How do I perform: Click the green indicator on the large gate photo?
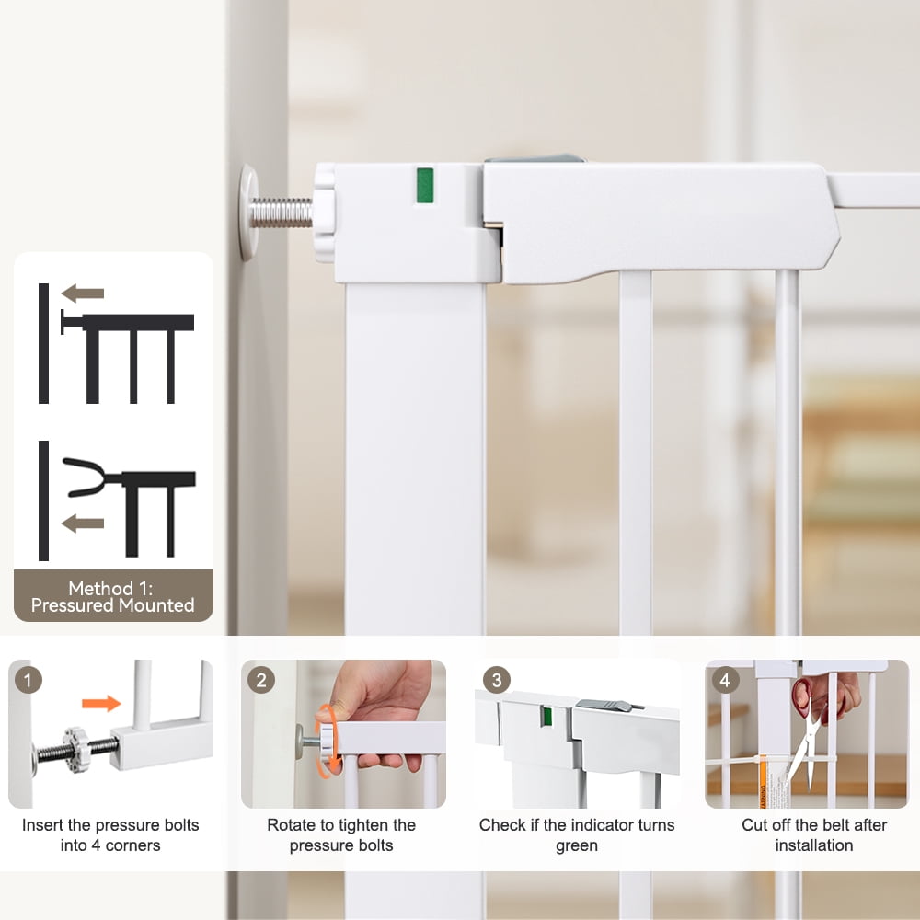click(x=425, y=186)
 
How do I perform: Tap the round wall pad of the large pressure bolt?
click(x=248, y=212)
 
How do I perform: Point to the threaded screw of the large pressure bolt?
click(x=281, y=213)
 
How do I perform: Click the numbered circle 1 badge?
click(x=28, y=680)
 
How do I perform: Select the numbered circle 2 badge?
click(x=261, y=680)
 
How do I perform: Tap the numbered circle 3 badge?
click(x=497, y=680)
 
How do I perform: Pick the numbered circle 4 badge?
click(x=725, y=680)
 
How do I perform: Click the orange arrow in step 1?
click(x=101, y=703)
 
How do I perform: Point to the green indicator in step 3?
click(x=546, y=717)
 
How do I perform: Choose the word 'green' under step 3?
click(x=576, y=846)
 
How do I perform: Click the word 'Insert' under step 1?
click(x=41, y=825)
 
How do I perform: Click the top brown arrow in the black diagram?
click(x=83, y=293)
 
